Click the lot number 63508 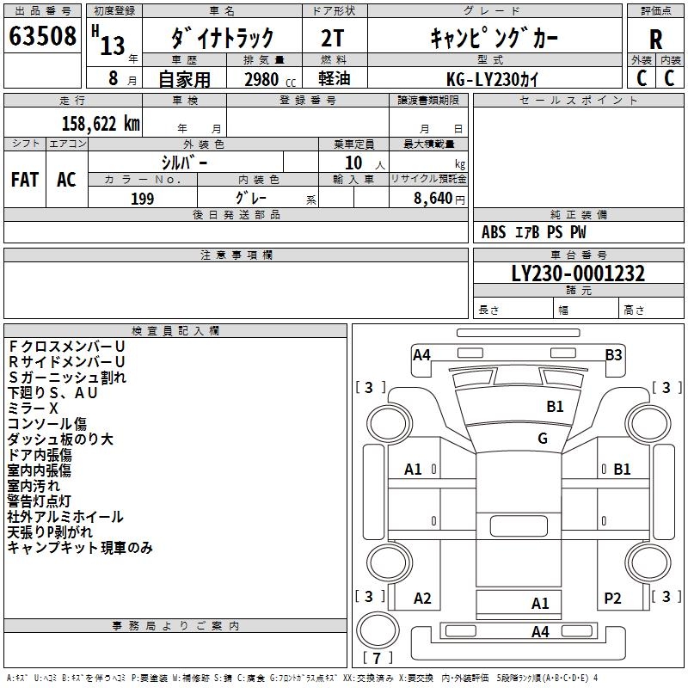tap(42, 37)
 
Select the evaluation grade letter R tap(655, 39)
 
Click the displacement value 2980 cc tap(263, 79)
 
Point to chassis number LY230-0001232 tap(578, 274)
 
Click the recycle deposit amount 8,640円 tap(439, 199)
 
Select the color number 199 tap(142, 199)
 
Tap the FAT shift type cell tap(25, 180)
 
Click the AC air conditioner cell tap(66, 180)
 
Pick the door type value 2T tap(334, 38)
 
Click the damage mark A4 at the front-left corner tap(421, 354)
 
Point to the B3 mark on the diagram tap(613, 354)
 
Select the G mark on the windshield tap(542, 439)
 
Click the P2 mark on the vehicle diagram tap(612, 599)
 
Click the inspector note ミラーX tap(33, 408)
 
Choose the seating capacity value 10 tap(354, 162)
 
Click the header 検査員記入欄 tap(175, 330)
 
